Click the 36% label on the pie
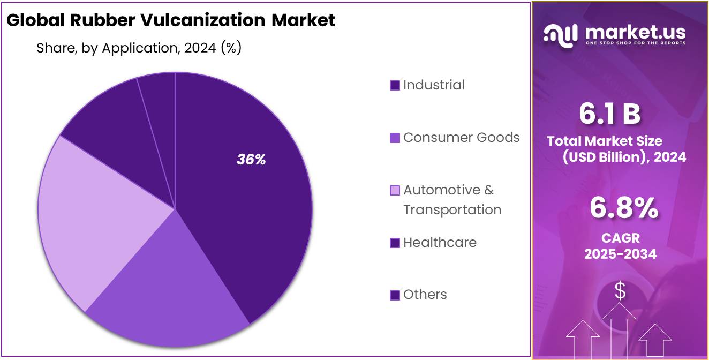(x=251, y=160)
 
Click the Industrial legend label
(x=434, y=85)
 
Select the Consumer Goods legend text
(x=461, y=137)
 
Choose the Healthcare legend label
(x=440, y=242)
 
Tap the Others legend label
(x=425, y=294)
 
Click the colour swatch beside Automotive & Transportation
(x=395, y=191)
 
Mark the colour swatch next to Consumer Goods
(x=395, y=138)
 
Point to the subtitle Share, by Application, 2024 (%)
(x=139, y=48)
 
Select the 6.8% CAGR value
(x=623, y=208)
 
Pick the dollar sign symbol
(x=620, y=290)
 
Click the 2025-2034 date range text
(x=620, y=254)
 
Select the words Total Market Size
(x=605, y=141)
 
